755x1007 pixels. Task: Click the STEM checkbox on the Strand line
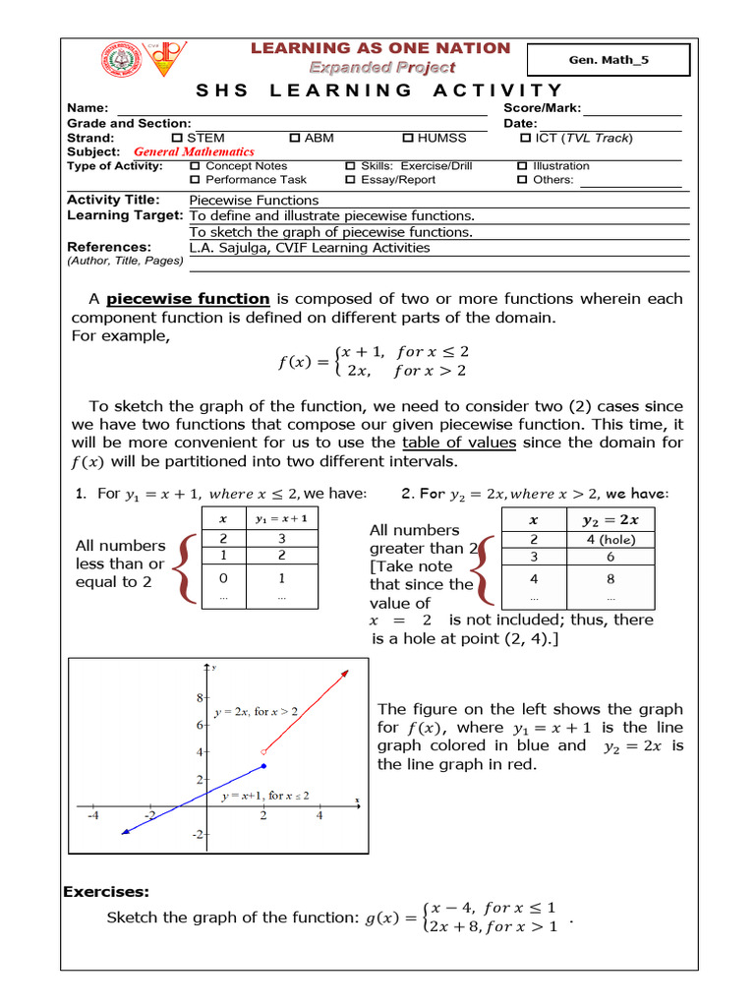point(178,139)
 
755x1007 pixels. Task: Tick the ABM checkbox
point(295,139)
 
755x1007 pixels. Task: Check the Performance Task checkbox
point(195,180)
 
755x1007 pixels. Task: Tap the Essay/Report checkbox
point(351,180)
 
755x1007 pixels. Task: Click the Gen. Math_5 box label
point(610,60)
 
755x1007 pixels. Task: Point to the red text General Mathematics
point(194,152)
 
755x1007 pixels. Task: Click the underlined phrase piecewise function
point(188,299)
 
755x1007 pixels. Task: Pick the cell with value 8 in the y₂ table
point(610,579)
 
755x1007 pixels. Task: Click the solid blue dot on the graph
point(263,765)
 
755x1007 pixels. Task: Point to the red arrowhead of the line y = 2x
point(345,673)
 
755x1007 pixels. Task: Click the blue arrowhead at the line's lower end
point(123,832)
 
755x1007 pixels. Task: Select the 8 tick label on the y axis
point(198,697)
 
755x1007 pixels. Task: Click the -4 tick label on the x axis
point(92,815)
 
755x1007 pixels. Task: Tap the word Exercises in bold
point(106,892)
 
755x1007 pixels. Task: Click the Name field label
point(87,108)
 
